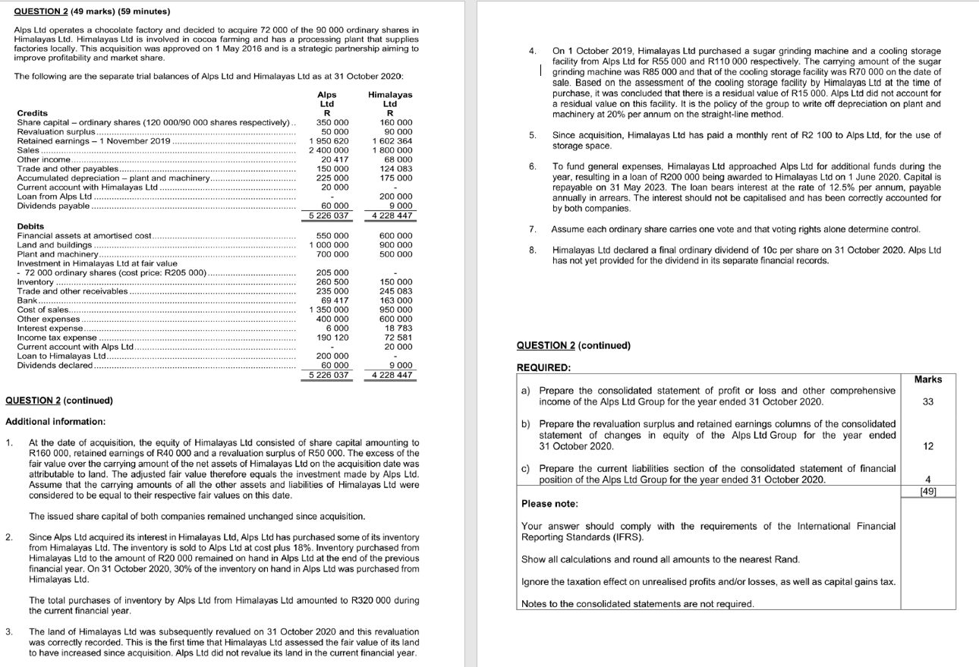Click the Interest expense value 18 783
click(398, 328)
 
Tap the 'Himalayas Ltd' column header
click(390, 99)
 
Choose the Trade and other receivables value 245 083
click(395, 291)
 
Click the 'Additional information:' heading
click(55, 421)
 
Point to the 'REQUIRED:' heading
click(543, 367)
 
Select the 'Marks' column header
click(927, 379)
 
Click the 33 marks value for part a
click(927, 402)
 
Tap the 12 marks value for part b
click(927, 446)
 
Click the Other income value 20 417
click(332, 159)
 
